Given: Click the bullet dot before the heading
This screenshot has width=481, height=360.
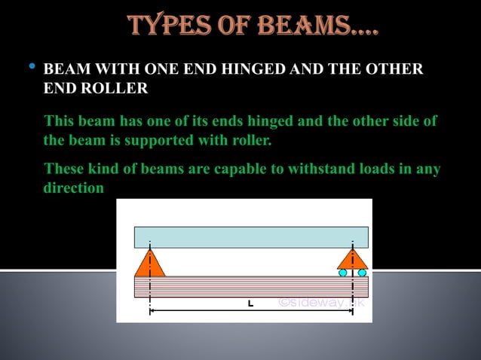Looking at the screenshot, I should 31,69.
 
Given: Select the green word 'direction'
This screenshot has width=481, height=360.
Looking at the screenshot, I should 73,188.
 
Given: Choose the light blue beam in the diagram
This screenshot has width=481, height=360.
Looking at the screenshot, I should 251,237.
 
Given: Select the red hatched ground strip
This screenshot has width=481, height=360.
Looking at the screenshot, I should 251,286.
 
